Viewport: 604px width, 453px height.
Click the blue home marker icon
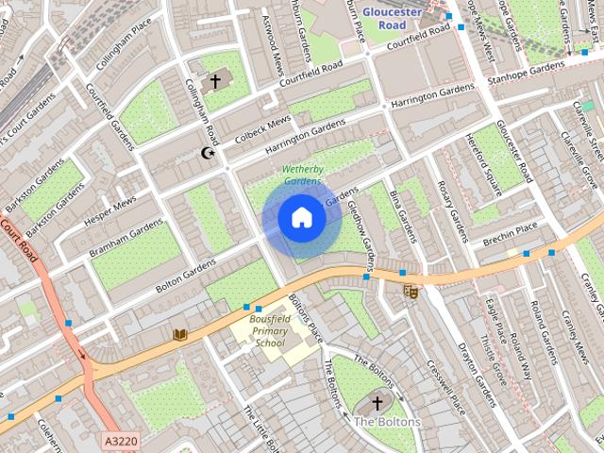point(301,218)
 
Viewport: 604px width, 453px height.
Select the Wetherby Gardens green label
point(302,175)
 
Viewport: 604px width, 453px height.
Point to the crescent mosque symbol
point(209,152)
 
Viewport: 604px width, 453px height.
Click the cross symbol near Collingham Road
point(214,82)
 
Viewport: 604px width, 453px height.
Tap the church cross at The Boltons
point(377,403)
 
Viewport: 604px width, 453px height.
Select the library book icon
point(179,334)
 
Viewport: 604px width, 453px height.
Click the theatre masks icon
point(411,292)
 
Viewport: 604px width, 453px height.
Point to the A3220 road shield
point(121,440)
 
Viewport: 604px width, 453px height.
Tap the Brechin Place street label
point(509,227)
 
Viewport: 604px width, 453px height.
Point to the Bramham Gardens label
point(126,240)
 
